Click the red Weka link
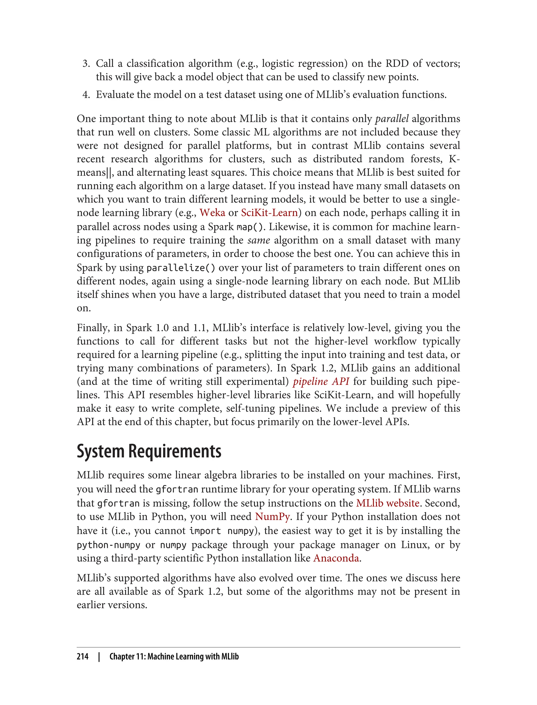click(x=212, y=213)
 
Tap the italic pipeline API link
click(x=321, y=381)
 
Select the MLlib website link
click(x=387, y=503)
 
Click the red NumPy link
click(x=272, y=517)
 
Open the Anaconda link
click(x=336, y=558)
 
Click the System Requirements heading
click(x=149, y=451)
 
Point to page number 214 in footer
click(x=83, y=656)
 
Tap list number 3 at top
click(x=86, y=64)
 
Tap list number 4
click(x=86, y=95)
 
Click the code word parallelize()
click(x=181, y=268)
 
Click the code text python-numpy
click(x=109, y=545)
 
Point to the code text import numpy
click(x=222, y=531)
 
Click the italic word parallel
click(x=392, y=119)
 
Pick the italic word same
click(x=259, y=240)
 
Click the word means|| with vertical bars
click(x=95, y=173)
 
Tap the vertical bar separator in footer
click(x=99, y=656)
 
